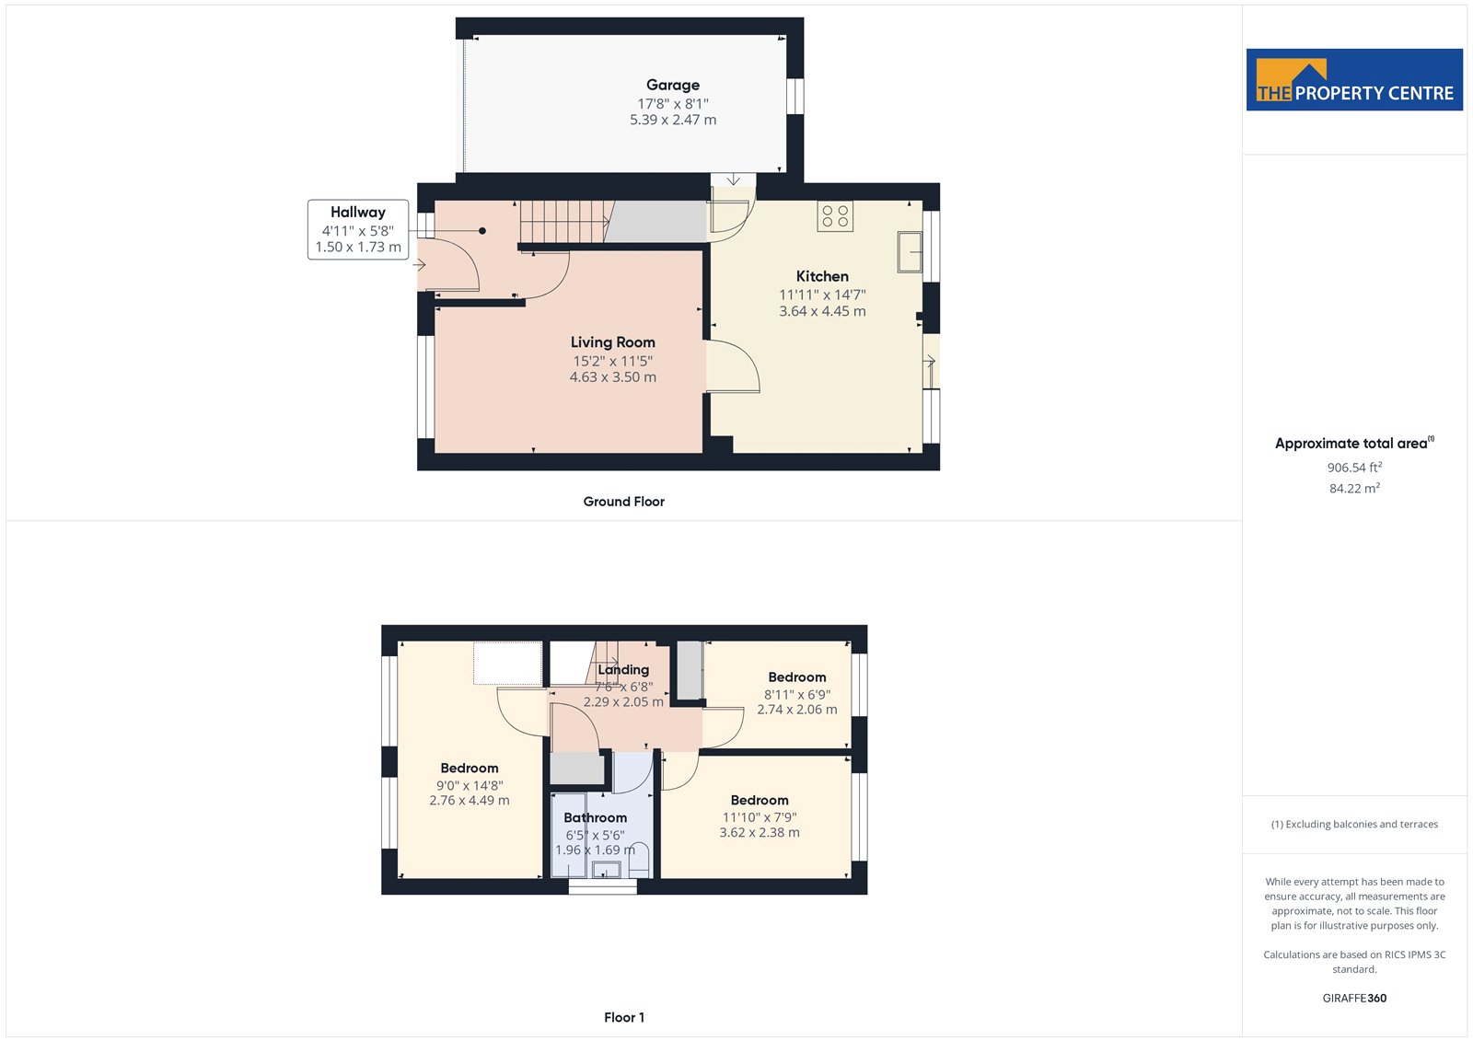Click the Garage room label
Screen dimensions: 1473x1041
click(x=673, y=85)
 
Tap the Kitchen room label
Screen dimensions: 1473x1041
click(x=822, y=276)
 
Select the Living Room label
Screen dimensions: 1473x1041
click(x=613, y=342)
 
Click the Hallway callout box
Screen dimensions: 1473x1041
click(x=358, y=229)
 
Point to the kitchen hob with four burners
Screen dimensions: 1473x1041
click(x=835, y=216)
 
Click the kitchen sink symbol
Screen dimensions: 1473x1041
click(x=910, y=252)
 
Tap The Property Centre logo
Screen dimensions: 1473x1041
click(x=1354, y=79)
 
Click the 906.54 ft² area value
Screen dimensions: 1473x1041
click(x=1354, y=467)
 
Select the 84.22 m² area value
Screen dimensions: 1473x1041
click(x=1354, y=488)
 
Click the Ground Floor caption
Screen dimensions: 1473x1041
click(x=624, y=501)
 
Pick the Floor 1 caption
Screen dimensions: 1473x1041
click(x=624, y=1017)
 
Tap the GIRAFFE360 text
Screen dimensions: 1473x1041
click(x=1354, y=998)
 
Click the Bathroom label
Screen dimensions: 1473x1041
click(x=595, y=817)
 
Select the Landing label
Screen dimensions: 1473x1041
click(x=623, y=669)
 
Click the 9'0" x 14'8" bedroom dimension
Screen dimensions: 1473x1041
click(x=470, y=785)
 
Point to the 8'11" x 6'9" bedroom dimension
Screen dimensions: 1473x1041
click(x=797, y=694)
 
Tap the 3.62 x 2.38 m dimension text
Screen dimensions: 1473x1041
click(x=760, y=833)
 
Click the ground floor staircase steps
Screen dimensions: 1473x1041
click(x=565, y=222)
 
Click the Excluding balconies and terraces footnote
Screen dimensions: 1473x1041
click(x=1354, y=824)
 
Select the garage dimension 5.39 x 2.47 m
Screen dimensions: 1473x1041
click(x=673, y=120)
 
